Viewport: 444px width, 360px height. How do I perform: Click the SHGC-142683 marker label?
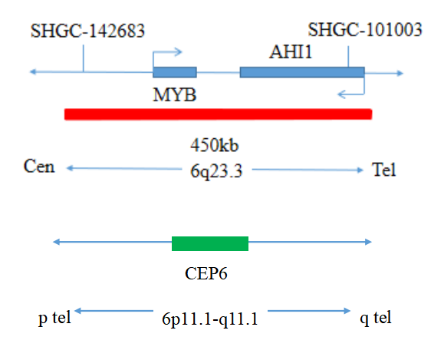(x=87, y=31)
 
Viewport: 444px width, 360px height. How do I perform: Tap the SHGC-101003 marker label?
(x=365, y=29)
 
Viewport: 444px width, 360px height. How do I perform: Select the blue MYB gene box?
(x=175, y=72)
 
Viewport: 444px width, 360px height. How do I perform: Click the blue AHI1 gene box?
(x=302, y=72)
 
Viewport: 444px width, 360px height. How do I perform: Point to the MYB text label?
(x=174, y=94)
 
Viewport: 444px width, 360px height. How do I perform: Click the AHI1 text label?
(x=291, y=52)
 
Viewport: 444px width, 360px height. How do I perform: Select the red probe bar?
(x=218, y=114)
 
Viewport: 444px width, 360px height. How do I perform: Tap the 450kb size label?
(x=215, y=145)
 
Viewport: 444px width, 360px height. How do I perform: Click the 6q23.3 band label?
(x=216, y=171)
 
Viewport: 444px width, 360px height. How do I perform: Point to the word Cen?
(x=39, y=166)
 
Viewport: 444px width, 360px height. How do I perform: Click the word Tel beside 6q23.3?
(x=384, y=170)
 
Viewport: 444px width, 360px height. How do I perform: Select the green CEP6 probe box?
(x=210, y=243)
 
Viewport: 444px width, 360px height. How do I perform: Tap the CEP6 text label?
(x=206, y=273)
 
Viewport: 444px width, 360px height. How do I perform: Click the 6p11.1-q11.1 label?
(x=210, y=319)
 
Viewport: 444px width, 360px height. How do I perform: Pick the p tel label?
(x=54, y=318)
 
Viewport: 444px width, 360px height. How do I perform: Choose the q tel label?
(x=376, y=318)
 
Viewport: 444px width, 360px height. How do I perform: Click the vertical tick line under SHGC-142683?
(x=84, y=58)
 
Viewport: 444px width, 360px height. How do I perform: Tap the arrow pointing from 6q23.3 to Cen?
(x=124, y=168)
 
